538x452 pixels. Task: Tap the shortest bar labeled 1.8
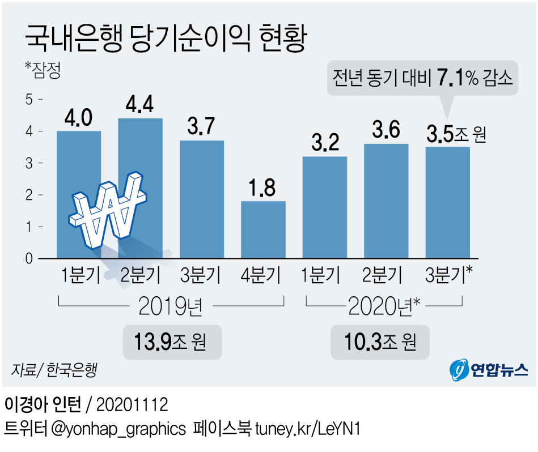pyautogui.click(x=263, y=229)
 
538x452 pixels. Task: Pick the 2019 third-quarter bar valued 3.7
pyautogui.click(x=202, y=198)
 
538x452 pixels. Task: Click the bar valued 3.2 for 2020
pyautogui.click(x=325, y=207)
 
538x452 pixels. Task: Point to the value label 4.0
pyautogui.click(x=79, y=119)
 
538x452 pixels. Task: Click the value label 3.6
pyautogui.click(x=386, y=132)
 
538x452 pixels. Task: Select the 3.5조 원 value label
pyautogui.click(x=455, y=135)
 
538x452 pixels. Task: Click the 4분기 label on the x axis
pyautogui.click(x=263, y=276)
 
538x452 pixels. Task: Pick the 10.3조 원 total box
pyautogui.click(x=380, y=342)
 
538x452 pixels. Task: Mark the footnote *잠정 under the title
pyautogui.click(x=43, y=71)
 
